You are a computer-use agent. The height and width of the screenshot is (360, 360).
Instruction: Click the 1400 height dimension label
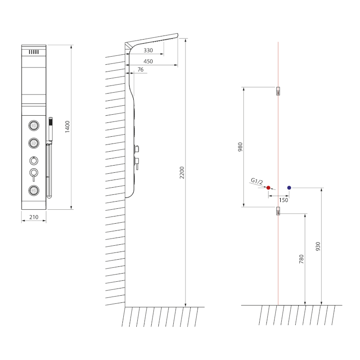coord(67,127)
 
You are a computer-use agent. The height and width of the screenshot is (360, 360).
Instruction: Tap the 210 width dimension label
coord(34,217)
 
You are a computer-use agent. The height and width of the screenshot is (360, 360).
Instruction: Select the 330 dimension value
coord(148,50)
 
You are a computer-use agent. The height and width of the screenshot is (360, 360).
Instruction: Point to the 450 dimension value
coord(148,61)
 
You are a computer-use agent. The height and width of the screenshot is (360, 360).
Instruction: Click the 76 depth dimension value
coord(140,70)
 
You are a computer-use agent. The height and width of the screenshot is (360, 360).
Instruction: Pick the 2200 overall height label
coord(182,173)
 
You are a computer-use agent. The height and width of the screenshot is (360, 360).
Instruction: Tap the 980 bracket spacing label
coord(240,147)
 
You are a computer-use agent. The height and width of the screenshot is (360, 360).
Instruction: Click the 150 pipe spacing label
coord(283,200)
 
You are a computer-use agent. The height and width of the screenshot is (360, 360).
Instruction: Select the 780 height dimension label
coord(301,259)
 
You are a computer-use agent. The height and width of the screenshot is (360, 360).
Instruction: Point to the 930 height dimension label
coord(318,246)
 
